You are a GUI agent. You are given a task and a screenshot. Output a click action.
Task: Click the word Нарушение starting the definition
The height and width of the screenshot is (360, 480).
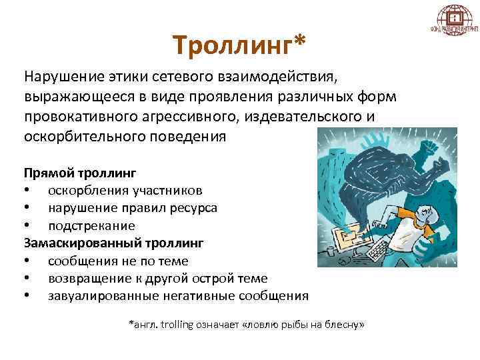[62, 77]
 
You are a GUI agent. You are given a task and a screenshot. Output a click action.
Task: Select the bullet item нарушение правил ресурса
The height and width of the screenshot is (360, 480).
[132, 208]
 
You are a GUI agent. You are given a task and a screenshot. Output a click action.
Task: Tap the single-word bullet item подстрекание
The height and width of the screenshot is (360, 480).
[91, 226]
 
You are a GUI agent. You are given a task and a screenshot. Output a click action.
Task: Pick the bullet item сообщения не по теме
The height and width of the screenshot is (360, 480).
[118, 261]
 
